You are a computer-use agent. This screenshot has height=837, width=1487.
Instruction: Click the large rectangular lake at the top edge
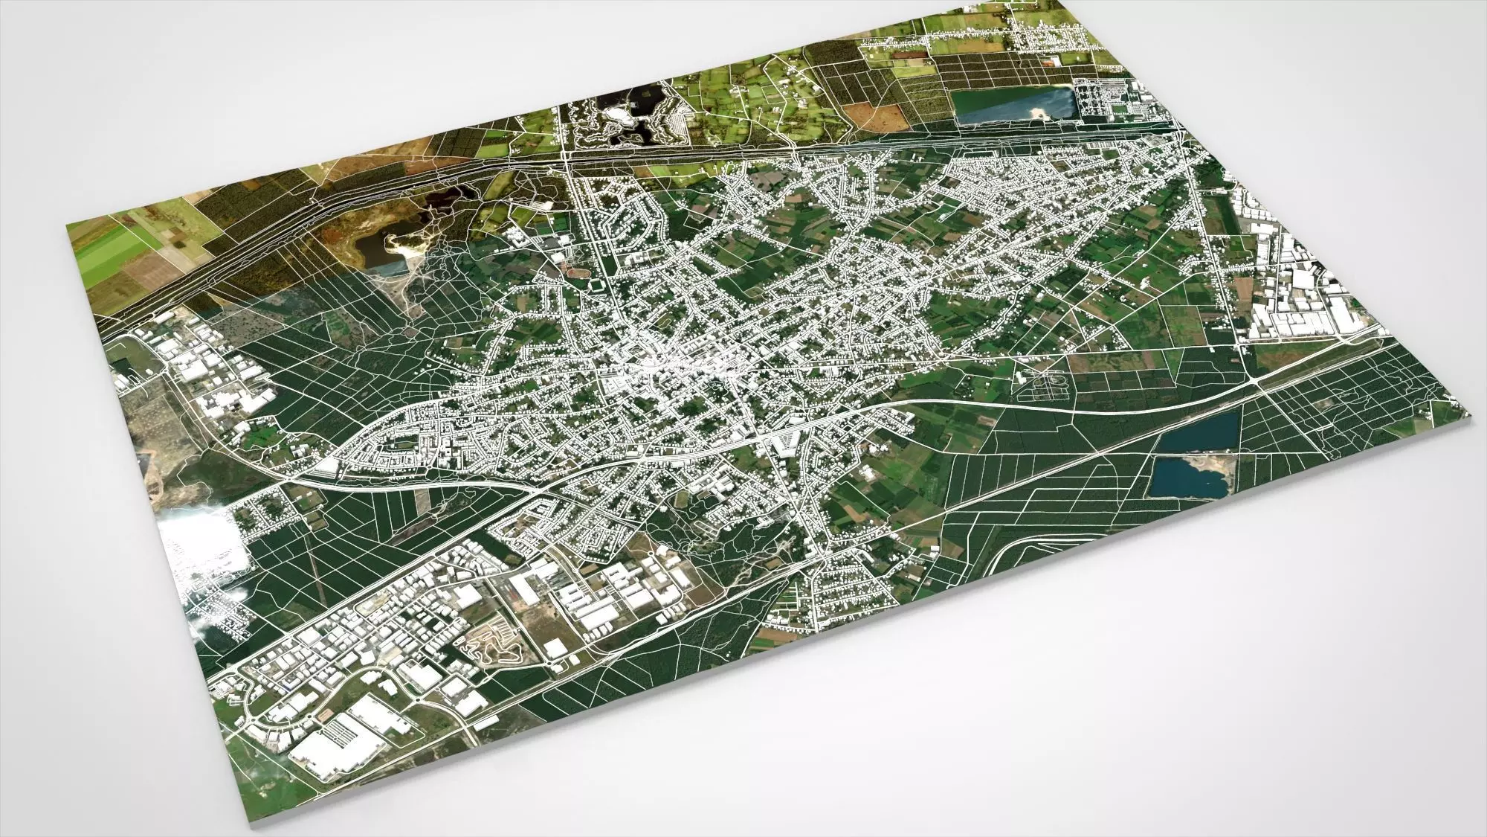tap(1011, 106)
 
